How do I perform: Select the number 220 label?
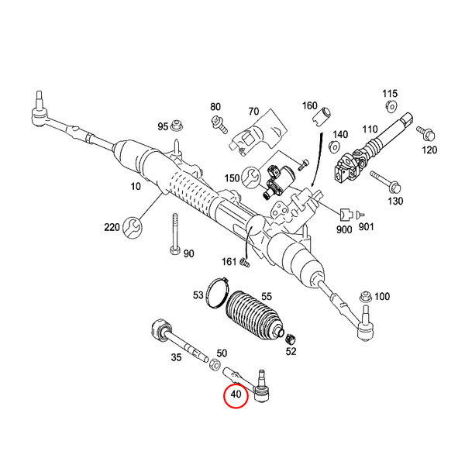pyautogui.click(x=112, y=228)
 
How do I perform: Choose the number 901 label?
pyautogui.click(x=367, y=229)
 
